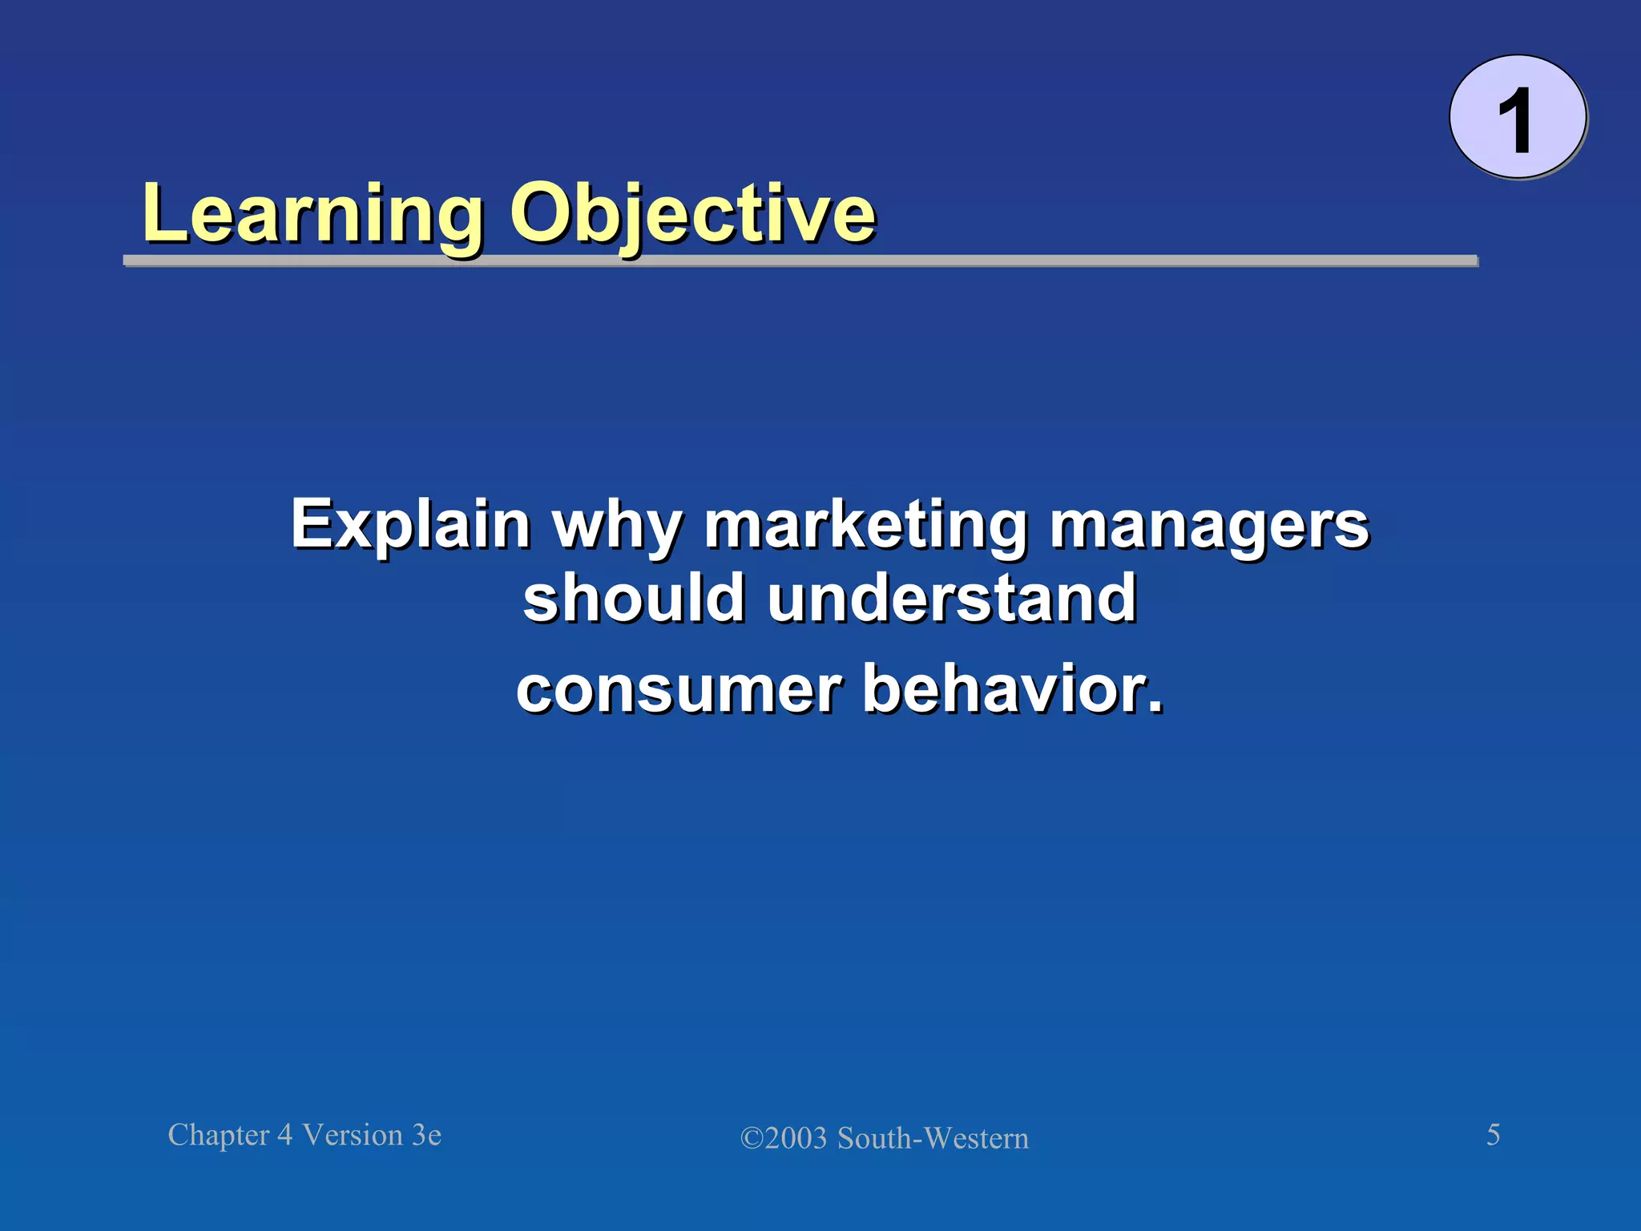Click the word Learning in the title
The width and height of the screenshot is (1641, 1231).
312,213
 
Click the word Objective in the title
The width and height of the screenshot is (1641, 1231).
692,213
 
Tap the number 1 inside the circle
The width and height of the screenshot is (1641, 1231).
1515,120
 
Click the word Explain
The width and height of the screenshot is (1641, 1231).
409,525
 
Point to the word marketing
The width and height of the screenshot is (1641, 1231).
865,525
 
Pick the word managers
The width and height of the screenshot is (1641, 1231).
1208,525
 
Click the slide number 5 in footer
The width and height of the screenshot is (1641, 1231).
1493,1135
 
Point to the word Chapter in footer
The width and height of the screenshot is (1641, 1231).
218,1135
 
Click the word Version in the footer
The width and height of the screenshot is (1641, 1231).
352,1135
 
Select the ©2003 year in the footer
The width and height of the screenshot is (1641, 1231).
784,1138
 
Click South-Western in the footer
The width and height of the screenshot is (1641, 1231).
933,1138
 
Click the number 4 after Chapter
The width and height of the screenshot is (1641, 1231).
284,1135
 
